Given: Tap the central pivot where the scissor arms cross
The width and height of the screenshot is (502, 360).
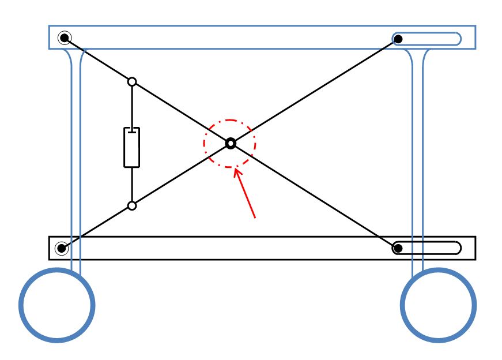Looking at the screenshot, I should click(231, 142).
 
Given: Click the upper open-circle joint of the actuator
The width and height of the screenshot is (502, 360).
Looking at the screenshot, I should click(132, 81).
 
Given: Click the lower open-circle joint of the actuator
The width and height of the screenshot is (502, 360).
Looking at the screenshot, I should click(132, 205).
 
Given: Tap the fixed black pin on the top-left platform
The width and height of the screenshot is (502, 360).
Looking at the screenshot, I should click(65, 38).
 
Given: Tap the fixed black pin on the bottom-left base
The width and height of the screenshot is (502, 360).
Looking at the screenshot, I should click(62, 249).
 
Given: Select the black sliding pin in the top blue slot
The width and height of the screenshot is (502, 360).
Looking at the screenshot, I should click(398, 39).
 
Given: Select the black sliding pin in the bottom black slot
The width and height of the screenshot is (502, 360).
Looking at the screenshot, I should click(398, 249).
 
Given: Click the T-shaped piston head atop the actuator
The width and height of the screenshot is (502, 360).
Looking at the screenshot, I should click(132, 131).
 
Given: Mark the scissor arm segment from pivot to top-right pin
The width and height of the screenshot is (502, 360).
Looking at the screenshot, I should click(314, 91).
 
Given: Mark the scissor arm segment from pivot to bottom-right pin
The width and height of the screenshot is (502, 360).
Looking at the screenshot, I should click(314, 196).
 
